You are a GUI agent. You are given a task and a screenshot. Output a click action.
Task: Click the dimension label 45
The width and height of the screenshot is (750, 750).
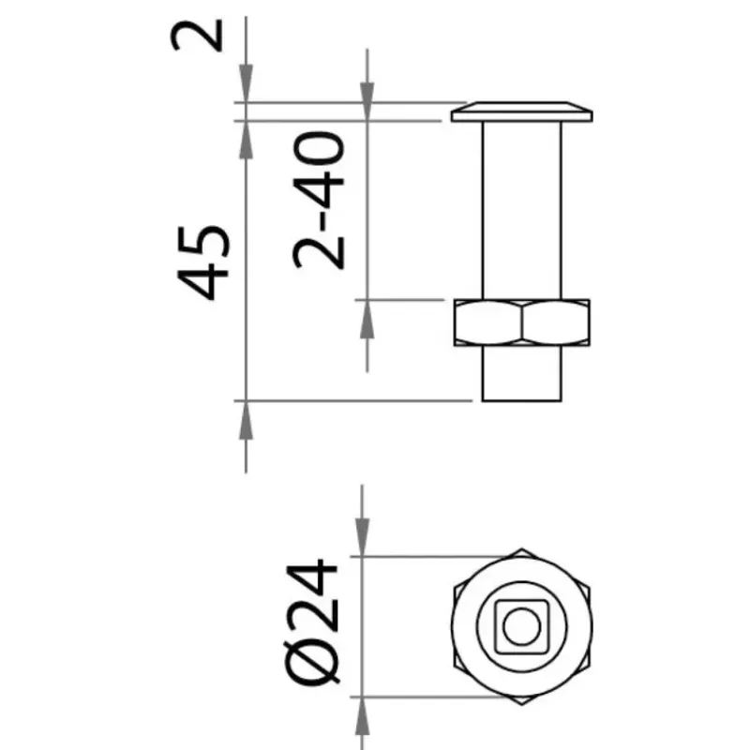[x=203, y=262]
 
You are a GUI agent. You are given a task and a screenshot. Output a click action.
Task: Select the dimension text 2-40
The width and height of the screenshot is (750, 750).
[x=319, y=201]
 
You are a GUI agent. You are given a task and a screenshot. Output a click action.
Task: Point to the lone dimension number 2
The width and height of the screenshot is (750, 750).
[x=197, y=35]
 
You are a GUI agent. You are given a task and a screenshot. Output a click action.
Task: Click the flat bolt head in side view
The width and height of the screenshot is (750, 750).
[x=522, y=112]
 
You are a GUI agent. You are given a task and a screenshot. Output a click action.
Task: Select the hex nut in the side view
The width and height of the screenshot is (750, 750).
[x=522, y=322]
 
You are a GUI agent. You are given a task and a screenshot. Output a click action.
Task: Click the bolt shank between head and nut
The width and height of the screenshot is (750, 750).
[x=522, y=210]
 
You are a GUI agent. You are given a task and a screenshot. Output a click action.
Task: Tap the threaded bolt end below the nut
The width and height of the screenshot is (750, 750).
[x=522, y=373]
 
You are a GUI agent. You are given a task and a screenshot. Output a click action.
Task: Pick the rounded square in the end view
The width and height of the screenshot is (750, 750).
[x=522, y=626]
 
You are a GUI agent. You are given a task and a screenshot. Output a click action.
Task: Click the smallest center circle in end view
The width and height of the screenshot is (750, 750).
[x=522, y=626]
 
